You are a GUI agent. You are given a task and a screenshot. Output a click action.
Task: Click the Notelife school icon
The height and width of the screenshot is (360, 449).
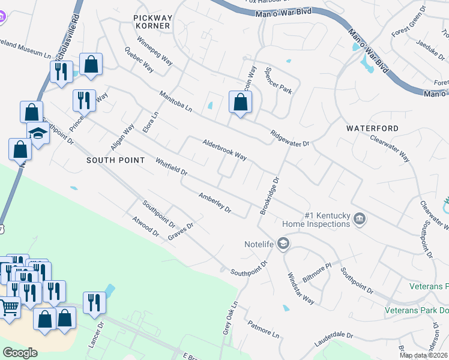coord(283,244)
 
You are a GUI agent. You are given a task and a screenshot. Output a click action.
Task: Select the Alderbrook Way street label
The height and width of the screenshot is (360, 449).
coord(225,150)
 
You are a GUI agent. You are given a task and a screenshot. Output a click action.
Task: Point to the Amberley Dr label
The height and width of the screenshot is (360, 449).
coord(215,203)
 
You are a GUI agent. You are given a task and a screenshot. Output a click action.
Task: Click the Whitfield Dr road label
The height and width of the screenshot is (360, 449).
coord(172,167)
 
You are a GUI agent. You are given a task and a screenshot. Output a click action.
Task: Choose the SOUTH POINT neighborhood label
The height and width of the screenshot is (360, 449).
coord(115,160)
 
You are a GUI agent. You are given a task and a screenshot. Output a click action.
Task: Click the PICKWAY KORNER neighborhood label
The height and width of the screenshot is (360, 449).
coord(152,22)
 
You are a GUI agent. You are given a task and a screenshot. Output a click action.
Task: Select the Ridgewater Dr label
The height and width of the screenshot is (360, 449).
coord(289,139)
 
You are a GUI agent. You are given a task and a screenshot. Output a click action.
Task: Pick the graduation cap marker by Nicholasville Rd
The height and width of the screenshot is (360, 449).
coord(38,133)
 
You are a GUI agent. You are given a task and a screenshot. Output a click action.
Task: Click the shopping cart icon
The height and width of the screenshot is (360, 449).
coord(9,307)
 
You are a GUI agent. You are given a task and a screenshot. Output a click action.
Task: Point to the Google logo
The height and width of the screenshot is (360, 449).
coord(20,352)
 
